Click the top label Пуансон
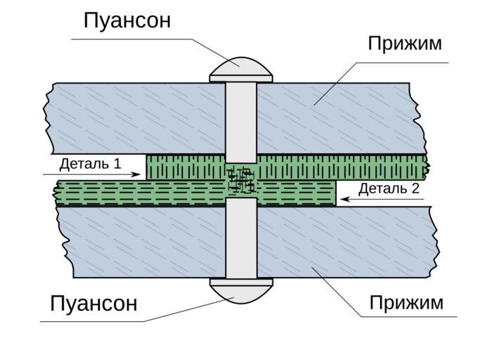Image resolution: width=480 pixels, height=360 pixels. coord(127,20)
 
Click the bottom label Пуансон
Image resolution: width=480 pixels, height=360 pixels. coord(93,304)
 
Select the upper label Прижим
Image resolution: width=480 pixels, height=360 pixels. coord(405,44)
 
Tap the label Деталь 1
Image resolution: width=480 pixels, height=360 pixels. coord(90,165)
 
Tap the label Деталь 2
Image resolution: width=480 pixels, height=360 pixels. coord(389,188)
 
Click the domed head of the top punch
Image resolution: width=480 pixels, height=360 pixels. coord(240,70)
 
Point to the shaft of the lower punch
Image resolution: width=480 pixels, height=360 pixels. coord(240,239)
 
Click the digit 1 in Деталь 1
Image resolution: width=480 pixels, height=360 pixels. coord(117,165)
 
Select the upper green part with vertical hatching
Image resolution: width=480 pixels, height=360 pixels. coord(337,167)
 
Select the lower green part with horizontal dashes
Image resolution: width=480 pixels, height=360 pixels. coord(141,193)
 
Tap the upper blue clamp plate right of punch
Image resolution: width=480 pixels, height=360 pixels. coord(337,116)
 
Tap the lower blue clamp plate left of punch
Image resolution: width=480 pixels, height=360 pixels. coord(141,239)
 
